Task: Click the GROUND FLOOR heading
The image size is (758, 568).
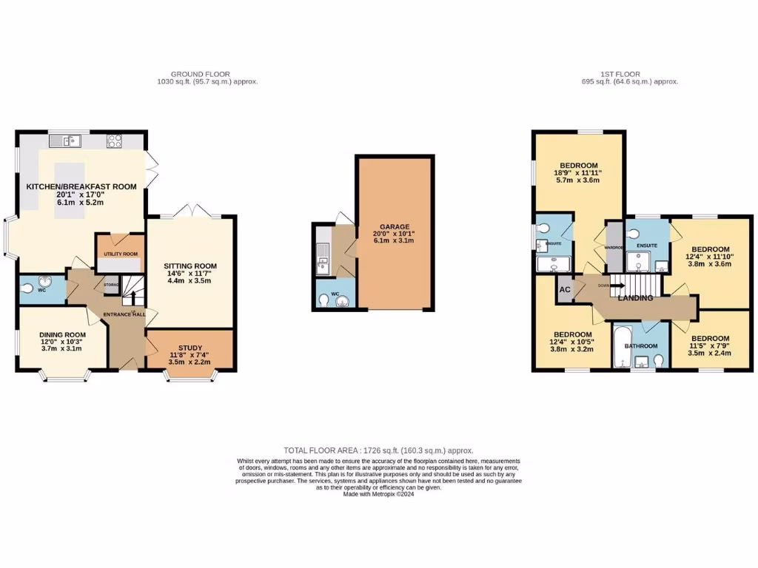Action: click(201, 74)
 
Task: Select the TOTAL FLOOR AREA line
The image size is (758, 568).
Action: click(378, 450)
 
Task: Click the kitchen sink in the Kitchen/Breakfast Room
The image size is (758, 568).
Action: click(68, 140)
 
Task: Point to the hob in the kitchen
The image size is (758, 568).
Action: click(115, 140)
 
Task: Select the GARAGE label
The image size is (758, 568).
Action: click(395, 227)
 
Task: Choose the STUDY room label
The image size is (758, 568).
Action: click(189, 348)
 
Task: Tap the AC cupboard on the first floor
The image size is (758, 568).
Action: click(564, 290)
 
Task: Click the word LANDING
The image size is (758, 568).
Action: click(635, 298)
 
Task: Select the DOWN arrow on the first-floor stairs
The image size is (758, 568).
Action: click(612, 285)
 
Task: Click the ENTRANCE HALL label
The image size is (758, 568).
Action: click(124, 314)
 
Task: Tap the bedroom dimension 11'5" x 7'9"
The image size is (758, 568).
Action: click(710, 345)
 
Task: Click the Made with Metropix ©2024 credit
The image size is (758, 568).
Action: click(378, 494)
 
